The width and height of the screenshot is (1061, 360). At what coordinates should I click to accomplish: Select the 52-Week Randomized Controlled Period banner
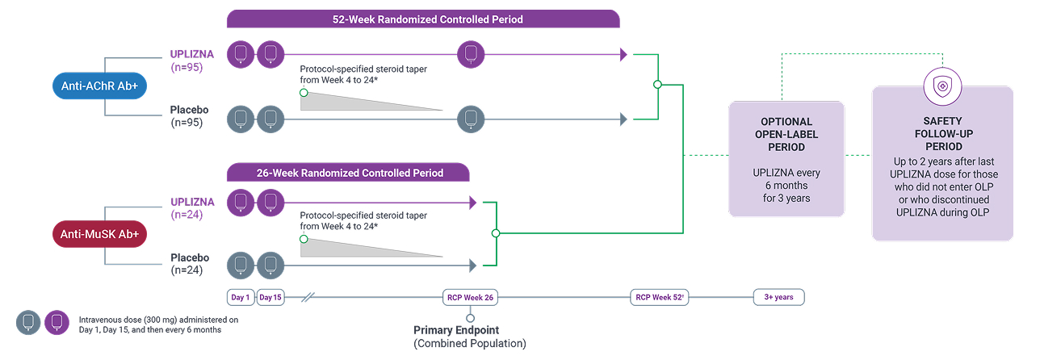423,19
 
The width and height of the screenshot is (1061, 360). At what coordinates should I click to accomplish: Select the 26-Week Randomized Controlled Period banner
348,173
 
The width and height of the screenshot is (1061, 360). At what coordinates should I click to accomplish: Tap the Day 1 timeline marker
241,298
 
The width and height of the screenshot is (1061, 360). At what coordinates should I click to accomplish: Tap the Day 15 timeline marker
270,298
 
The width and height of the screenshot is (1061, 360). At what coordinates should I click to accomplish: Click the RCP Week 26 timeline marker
470,298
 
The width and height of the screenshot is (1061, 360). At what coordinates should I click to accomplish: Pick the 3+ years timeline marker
778,298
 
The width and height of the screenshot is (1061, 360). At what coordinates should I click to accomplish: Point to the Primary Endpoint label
456,330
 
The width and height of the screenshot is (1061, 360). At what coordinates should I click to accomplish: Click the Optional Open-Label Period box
786,159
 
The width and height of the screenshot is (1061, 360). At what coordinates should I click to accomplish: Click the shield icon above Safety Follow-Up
942,86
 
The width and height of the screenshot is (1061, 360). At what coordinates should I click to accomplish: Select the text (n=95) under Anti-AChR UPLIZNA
187,68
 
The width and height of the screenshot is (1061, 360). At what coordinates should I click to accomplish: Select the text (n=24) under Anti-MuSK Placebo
187,271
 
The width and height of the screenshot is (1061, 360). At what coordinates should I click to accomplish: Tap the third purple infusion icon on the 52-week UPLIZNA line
471,55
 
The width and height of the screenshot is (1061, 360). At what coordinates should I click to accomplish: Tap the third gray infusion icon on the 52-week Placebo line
471,119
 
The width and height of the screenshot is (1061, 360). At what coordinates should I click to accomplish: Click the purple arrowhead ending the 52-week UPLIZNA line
623,55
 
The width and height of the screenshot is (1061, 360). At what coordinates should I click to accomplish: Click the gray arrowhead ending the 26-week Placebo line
472,266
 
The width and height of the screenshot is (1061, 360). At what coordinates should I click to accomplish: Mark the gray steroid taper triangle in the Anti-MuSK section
355,246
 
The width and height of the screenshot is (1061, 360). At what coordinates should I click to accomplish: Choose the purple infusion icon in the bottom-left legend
57,322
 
